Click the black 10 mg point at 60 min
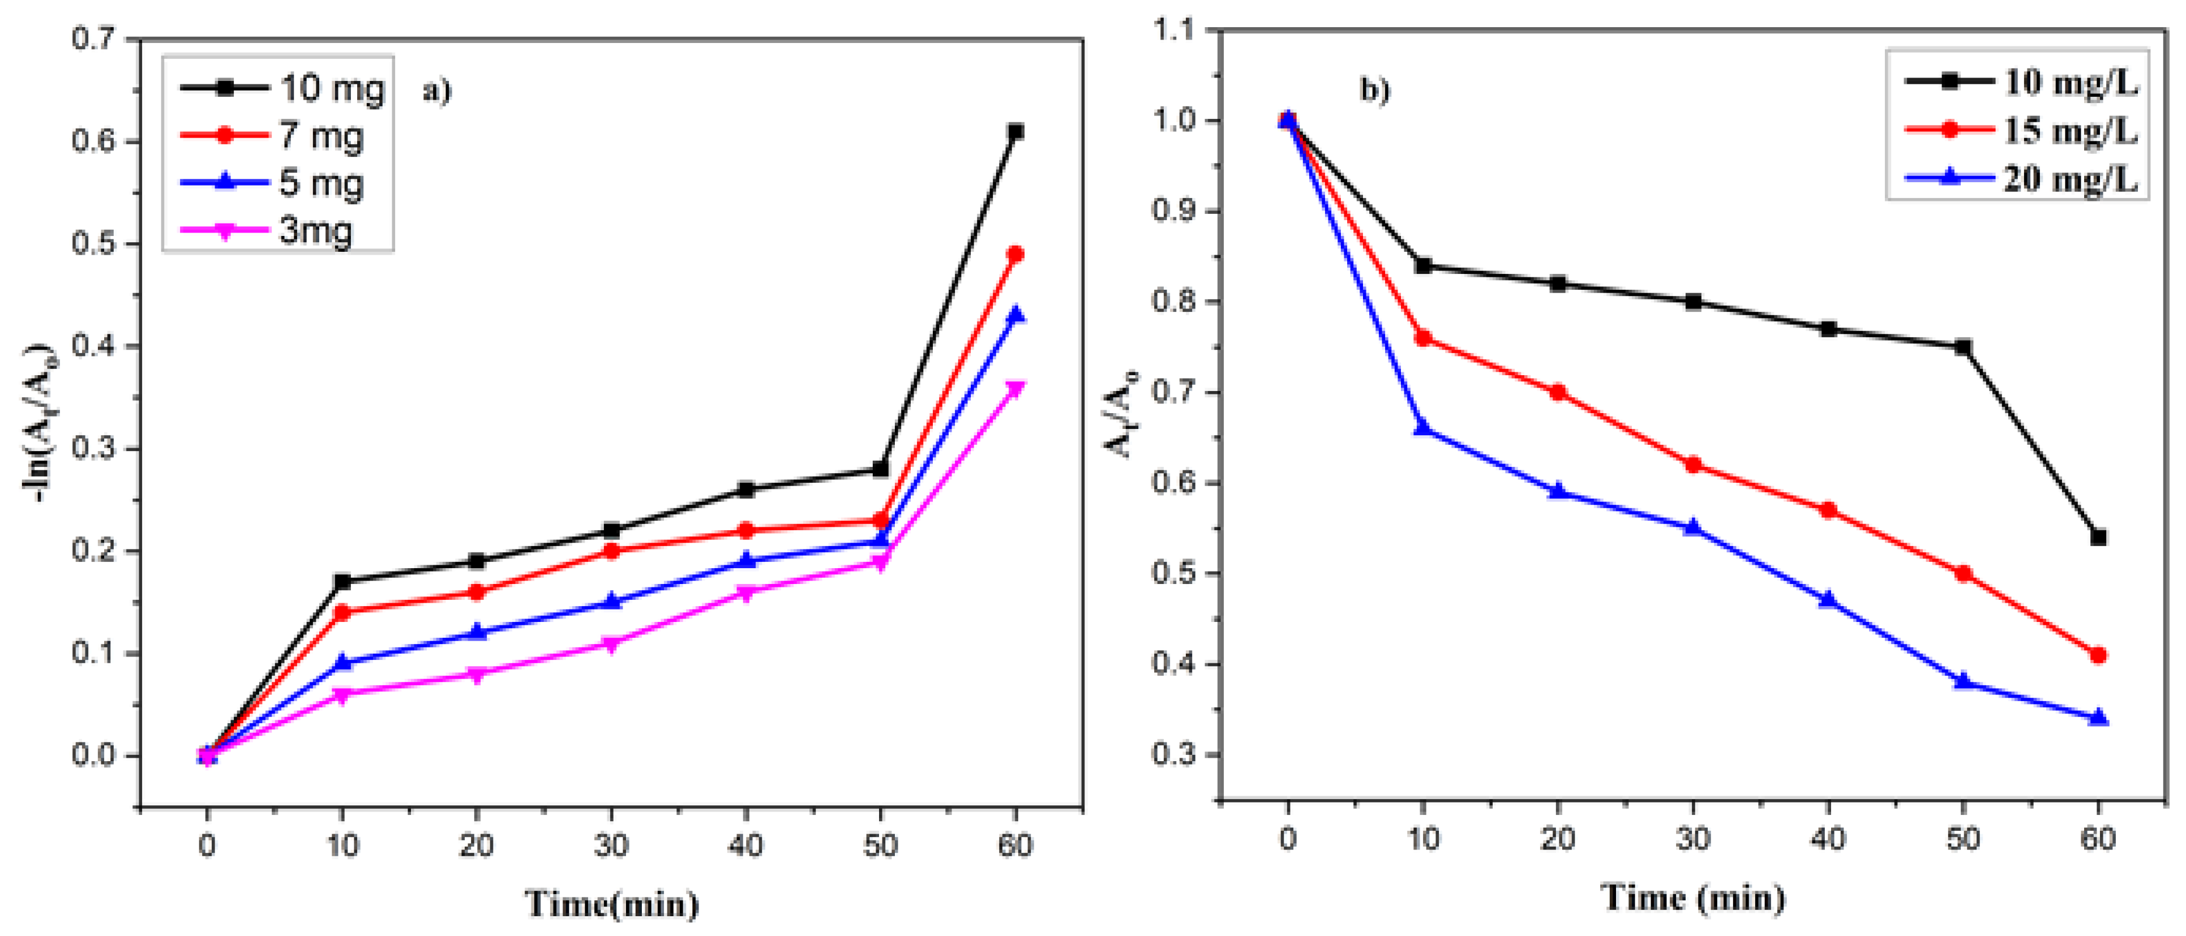[1015, 131]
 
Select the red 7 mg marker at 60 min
[1015, 254]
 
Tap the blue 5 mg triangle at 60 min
[1015, 315]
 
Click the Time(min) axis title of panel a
[611, 904]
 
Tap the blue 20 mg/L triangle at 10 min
[1423, 428]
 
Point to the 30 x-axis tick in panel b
[1693, 839]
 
